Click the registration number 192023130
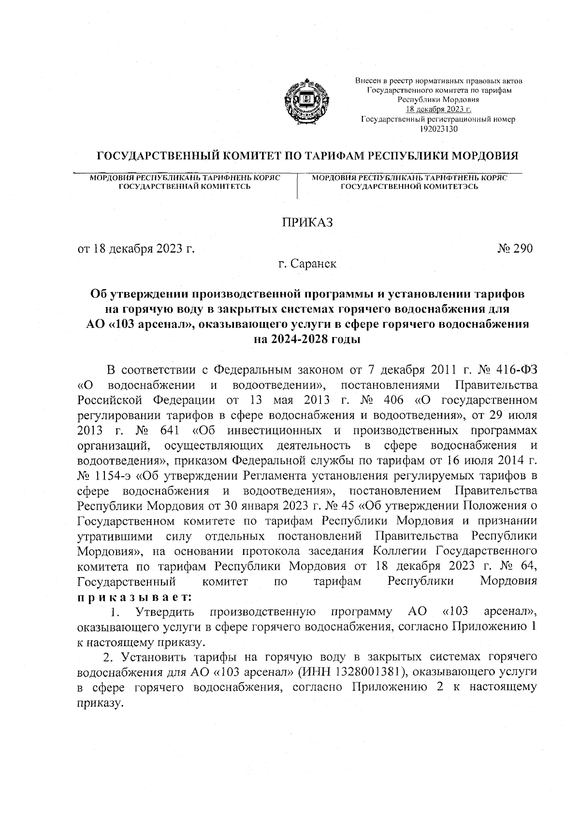point(438,128)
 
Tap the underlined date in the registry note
point(438,109)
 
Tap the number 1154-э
point(113,476)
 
